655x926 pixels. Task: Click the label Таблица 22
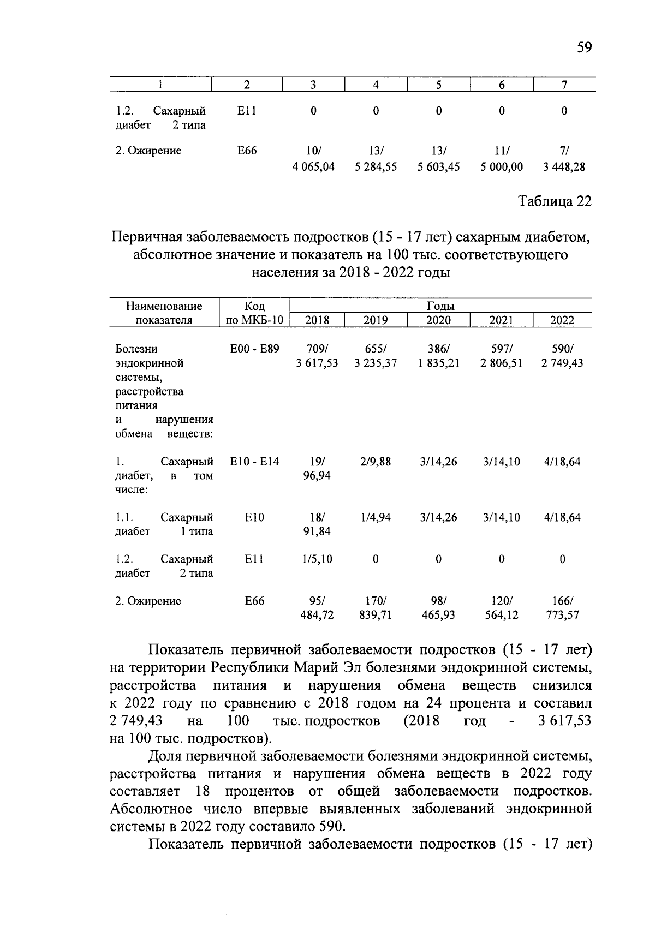[555, 201]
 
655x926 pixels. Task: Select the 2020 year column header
[438, 320]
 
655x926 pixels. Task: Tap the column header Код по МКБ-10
[254, 313]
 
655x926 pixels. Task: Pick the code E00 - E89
[254, 349]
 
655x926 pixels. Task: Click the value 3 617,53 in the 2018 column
[317, 363]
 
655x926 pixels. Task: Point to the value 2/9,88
[376, 462]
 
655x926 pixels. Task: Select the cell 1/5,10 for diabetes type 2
[317, 559]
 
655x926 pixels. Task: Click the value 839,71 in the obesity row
[376, 616]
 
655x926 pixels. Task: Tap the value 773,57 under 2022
[562, 616]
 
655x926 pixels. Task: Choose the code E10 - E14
[254, 462]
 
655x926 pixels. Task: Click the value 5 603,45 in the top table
[438, 167]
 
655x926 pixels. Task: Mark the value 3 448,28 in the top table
[564, 167]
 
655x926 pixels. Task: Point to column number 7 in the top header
[564, 85]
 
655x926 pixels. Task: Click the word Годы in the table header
[440, 306]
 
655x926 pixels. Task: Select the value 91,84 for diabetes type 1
[317, 531]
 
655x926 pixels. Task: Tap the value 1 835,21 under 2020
[438, 363]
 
